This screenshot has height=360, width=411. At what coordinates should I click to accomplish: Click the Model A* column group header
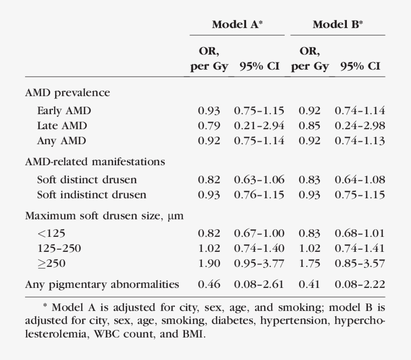[237, 24]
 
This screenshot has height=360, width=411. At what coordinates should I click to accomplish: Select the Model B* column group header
[338, 24]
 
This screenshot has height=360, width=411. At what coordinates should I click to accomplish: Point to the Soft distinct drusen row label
[87, 179]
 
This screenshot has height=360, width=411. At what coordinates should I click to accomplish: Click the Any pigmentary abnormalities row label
[102, 284]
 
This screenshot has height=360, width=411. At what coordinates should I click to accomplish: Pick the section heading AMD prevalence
[67, 93]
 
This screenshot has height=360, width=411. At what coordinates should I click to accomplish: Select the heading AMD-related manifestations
[95, 162]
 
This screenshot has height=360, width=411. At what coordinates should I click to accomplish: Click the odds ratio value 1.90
[209, 263]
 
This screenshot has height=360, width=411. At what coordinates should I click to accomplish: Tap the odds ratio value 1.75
[310, 263]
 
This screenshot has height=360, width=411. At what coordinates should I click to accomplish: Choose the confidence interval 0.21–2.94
[259, 126]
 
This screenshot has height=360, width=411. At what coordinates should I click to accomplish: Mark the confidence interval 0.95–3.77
[259, 263]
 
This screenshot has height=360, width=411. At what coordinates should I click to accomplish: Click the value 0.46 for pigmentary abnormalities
[209, 284]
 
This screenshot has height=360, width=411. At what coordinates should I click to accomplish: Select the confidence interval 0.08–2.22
[360, 284]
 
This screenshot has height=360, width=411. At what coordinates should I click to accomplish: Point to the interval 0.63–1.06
[259, 179]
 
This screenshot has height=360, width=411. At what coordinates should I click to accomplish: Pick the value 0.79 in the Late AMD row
[209, 126]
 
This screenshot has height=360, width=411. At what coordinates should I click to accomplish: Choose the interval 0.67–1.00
[259, 233]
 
